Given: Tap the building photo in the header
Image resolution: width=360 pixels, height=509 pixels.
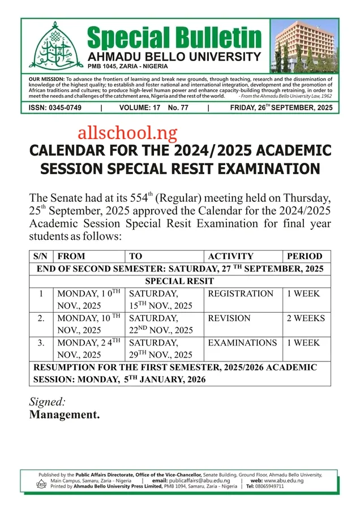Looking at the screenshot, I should [303, 45].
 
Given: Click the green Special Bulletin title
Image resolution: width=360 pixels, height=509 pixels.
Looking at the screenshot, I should [174, 37].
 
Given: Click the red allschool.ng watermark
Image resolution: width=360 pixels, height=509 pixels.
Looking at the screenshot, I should [127, 133].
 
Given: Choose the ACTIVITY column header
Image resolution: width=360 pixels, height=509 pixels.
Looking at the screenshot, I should [230, 256].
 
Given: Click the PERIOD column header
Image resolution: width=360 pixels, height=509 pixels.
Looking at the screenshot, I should [305, 256].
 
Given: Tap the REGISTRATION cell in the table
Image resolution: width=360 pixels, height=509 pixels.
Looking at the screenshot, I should [241, 294].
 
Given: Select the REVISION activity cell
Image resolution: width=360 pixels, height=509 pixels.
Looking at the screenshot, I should [229, 318].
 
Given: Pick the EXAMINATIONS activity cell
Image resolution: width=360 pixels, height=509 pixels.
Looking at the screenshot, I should [242, 343].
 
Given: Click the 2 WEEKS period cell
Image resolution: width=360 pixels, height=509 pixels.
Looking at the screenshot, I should [306, 318].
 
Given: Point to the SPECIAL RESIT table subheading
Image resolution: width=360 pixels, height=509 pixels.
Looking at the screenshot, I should [179, 281].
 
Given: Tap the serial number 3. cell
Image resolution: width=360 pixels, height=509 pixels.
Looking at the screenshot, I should [41, 343].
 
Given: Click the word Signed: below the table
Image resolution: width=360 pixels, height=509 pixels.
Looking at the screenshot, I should [47, 402].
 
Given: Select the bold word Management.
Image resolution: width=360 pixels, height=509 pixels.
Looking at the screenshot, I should [64, 415].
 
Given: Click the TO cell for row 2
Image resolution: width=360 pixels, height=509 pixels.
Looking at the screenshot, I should [161, 324].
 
